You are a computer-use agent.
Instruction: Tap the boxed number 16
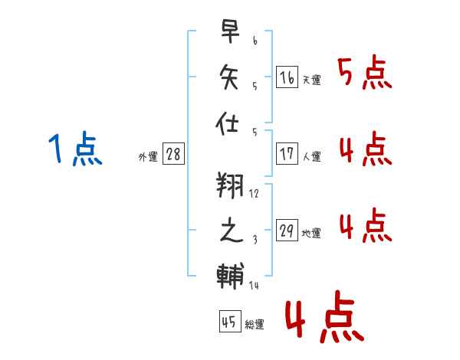coord(287,77)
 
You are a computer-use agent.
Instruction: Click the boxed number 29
coord(287,231)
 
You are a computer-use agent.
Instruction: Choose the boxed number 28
coord(173,154)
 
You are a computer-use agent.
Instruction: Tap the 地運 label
coord(311,234)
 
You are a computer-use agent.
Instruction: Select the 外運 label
coord(147,157)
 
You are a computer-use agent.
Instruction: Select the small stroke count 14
coord(254,285)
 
